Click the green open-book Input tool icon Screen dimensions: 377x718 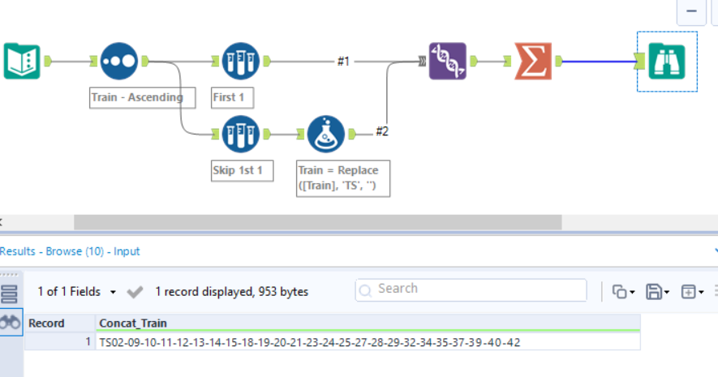coord(22,61)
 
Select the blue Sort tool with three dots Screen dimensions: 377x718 coord(119,61)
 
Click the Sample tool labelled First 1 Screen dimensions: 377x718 coord(241,61)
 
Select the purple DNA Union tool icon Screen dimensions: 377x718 coord(448,61)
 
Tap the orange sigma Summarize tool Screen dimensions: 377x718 coord(533,61)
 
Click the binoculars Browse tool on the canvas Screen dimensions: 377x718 coord(667,61)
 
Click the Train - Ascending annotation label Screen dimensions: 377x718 coord(143,97)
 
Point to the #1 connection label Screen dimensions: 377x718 coord(343,61)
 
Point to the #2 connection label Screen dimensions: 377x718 coord(381,131)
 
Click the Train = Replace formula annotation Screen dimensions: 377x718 coord(343,178)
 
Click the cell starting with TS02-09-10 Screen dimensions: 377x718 coord(309,342)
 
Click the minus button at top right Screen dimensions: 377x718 coord(691,11)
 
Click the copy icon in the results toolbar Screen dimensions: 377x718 coord(620,291)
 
